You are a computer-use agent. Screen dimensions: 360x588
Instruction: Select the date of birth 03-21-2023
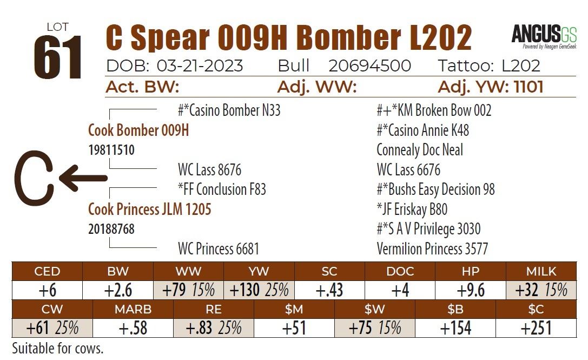tap(200, 66)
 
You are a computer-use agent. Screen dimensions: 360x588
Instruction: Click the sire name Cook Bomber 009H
tap(138, 130)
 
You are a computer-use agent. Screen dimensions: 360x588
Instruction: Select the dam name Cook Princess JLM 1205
tap(149, 209)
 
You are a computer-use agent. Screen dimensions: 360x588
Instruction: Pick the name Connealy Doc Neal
tap(420, 150)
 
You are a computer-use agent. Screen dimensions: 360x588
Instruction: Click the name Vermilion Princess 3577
tap(432, 248)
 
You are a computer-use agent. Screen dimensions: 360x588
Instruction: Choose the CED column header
tap(47, 271)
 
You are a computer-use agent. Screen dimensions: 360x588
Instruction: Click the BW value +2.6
tap(118, 290)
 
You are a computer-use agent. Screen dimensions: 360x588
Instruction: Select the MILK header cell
tap(540, 271)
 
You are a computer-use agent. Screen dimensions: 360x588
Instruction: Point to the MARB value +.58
tap(133, 328)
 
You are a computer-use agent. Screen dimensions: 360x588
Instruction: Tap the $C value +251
tap(536, 328)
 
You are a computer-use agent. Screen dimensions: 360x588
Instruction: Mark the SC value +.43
tap(329, 290)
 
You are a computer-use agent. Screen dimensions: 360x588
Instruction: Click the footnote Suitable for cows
tap(57, 348)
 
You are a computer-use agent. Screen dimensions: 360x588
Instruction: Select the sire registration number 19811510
tap(111, 150)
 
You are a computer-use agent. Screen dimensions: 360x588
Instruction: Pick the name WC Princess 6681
tap(219, 248)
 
